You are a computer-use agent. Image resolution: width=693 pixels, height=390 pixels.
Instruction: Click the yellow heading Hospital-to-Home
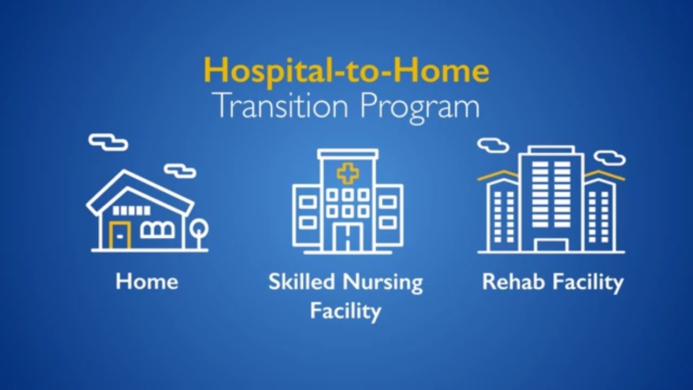tap(346, 70)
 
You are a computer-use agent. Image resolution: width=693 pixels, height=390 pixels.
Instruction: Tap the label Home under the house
tap(147, 282)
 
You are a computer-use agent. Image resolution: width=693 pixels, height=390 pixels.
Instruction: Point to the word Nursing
tap(384, 283)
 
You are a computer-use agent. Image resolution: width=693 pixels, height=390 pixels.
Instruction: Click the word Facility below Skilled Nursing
tap(345, 311)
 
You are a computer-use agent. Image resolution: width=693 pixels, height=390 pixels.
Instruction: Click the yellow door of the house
tap(120, 235)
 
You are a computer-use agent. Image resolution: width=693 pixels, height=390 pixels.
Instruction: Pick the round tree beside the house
tap(199, 228)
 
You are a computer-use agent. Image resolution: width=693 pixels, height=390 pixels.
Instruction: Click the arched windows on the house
tap(158, 230)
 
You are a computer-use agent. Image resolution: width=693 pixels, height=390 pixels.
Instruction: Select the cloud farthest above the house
tap(108, 142)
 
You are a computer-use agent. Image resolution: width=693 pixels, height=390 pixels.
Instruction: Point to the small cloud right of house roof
tap(180, 171)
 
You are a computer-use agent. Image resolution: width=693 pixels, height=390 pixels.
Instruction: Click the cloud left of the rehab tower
tap(493, 145)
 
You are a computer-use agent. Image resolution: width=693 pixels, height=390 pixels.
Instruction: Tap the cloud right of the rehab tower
tap(610, 158)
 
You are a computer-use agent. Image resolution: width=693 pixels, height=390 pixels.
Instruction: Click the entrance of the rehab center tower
tap(551, 245)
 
